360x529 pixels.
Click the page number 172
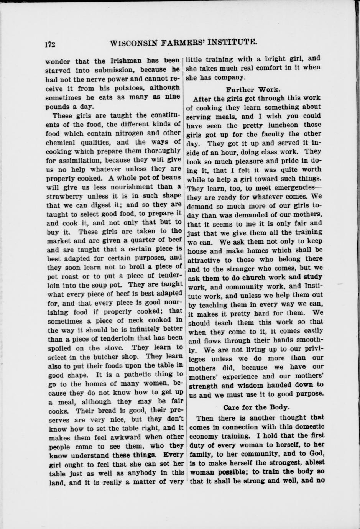tap(50, 43)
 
